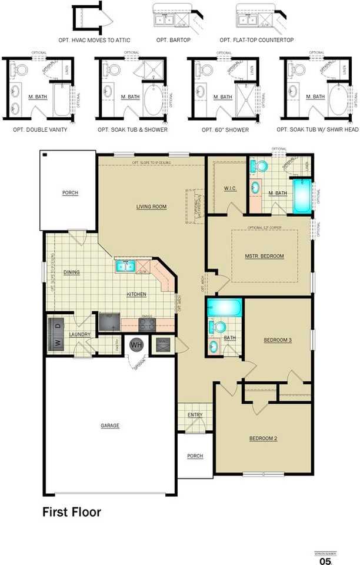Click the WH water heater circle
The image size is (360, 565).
136,345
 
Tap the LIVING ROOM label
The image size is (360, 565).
152,207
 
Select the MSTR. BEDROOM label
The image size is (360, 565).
265,256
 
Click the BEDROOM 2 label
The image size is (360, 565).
263,438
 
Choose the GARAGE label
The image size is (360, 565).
109,425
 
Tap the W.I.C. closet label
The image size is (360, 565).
230,189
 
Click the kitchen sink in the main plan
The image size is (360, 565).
125,266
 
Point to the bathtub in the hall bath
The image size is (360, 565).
224,308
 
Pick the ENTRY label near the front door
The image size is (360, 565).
195,416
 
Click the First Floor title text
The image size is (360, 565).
71,512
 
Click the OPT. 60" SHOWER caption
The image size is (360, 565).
225,129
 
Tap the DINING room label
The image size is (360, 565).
71,272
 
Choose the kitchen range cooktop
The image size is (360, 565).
147,324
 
